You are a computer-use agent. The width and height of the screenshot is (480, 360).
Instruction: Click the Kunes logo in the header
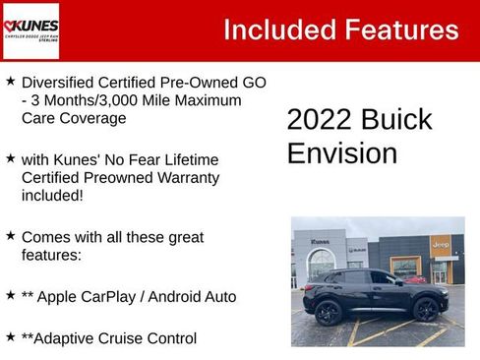[30, 30]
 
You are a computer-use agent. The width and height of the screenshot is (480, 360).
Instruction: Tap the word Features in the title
[397, 30]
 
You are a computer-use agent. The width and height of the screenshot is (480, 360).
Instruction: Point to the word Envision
[341, 153]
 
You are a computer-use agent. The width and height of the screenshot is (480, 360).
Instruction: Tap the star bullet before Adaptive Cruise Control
[10, 336]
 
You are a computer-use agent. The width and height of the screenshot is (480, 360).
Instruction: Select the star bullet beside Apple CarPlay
[10, 294]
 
